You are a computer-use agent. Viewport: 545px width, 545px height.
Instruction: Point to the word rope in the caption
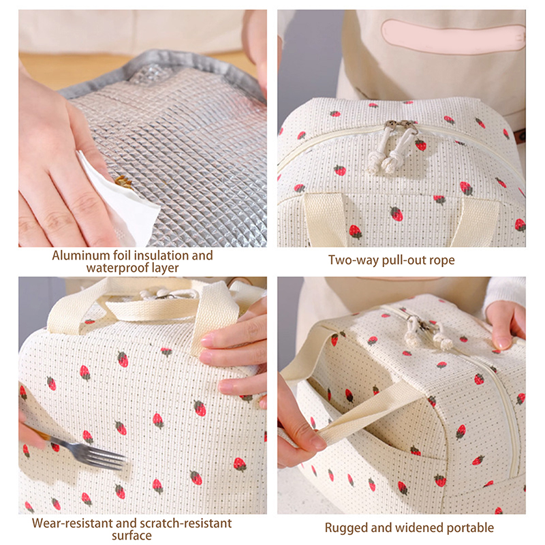pos(441,261)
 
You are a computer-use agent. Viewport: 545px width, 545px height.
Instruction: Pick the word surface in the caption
pos(131,535)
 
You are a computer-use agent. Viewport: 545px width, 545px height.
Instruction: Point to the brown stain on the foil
pos(123,181)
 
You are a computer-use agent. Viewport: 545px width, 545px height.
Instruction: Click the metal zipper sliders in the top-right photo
pos(401,126)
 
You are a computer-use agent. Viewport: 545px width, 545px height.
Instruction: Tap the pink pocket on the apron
pos(454,36)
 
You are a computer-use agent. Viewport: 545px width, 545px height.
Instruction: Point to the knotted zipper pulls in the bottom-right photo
pos(429,334)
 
